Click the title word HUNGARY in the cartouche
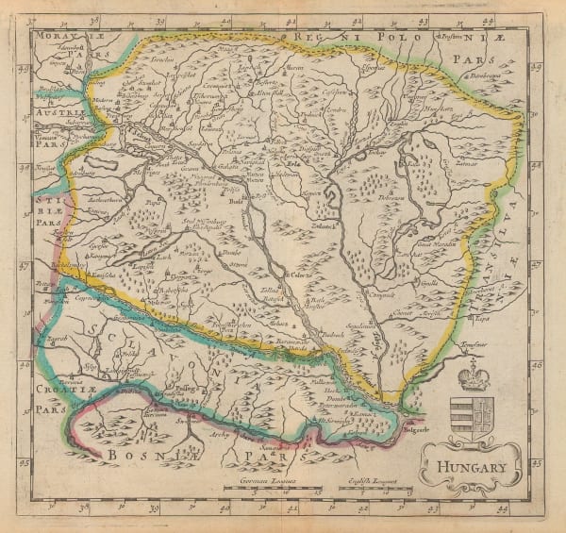pos(471,466)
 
